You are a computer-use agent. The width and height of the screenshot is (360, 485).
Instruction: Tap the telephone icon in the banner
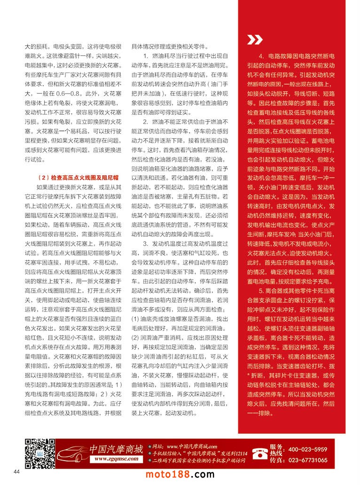[x=258, y=452]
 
